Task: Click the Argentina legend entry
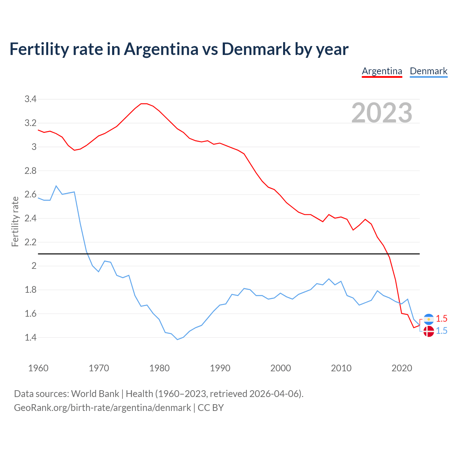pos(382,71)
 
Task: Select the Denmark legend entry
pos(428,71)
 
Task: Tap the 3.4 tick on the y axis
pos(31,99)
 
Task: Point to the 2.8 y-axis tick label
pos(31,171)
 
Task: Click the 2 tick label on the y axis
pos(34,266)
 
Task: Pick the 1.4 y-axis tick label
pos(31,337)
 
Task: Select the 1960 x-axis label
pos(38,368)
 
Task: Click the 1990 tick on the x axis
pos(220,368)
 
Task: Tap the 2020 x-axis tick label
pos(402,368)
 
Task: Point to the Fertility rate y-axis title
pos(15,221)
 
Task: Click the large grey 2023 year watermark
pos(382,113)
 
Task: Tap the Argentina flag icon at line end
pos(428,319)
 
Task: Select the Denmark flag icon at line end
pos(428,331)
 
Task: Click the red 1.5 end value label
pos(442,319)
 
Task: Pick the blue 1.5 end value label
pos(442,331)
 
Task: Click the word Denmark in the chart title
pos(256,49)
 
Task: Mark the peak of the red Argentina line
pos(144,104)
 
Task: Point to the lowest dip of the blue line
pos(177,339)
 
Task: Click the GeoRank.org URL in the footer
pos(102,408)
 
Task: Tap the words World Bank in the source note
pos(95,394)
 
